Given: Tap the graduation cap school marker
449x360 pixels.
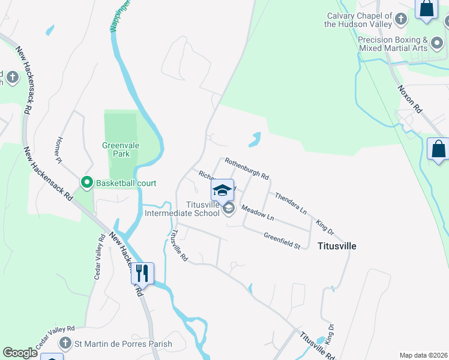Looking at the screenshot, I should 222,190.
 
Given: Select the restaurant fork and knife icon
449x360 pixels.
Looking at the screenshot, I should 142,273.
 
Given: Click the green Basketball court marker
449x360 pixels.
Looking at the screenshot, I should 86,183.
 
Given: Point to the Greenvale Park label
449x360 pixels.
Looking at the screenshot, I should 121,149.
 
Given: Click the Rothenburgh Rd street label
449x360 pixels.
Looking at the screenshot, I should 246,168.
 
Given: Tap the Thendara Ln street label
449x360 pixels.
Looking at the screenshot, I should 291,203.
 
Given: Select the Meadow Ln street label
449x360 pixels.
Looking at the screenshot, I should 258,212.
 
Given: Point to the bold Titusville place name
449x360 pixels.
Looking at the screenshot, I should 337,246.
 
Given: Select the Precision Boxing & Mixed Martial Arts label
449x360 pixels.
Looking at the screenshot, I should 392,44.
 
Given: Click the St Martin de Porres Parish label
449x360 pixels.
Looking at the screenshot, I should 122,344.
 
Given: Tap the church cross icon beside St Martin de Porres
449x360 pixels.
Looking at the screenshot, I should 65,343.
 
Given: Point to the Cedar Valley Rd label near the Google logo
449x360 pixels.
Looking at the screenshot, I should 55,338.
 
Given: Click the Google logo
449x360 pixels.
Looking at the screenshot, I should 20,353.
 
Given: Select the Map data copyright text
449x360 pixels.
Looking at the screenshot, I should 423,355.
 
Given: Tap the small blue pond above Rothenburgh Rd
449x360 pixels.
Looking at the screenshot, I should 256,140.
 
